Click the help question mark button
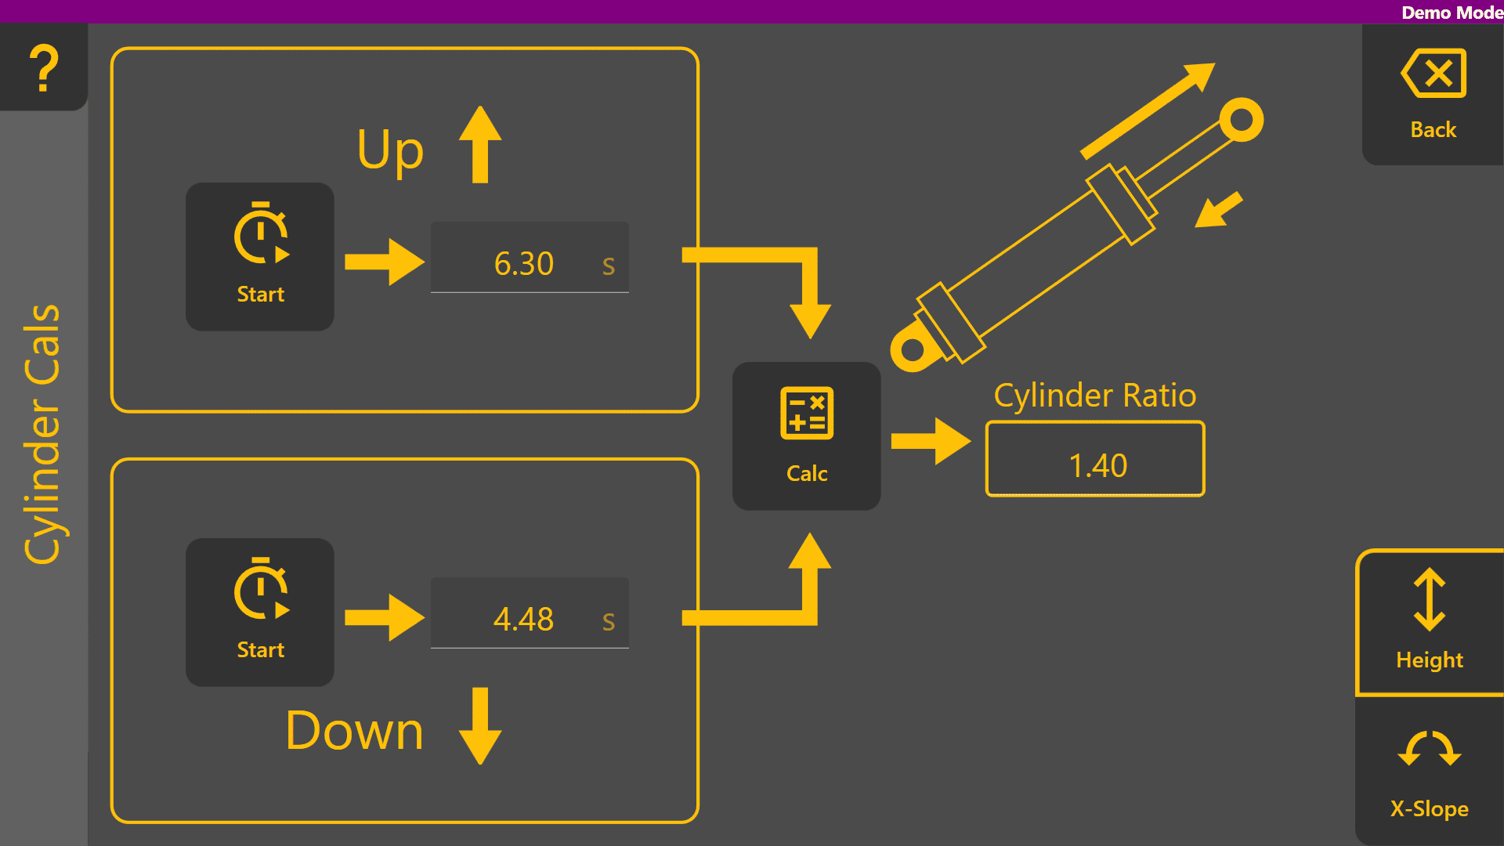44,67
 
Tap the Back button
1433,94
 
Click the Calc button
806,436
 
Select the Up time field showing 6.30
530,258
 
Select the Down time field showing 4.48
530,614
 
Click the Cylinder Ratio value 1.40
1095,460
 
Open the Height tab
1430,623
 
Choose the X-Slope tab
1430,772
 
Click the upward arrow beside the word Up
480,145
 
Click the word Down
355,731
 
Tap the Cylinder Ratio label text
1095,396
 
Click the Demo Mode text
1452,13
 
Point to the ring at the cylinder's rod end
1242,120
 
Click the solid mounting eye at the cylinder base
912,349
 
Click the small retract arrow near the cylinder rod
1218,210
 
